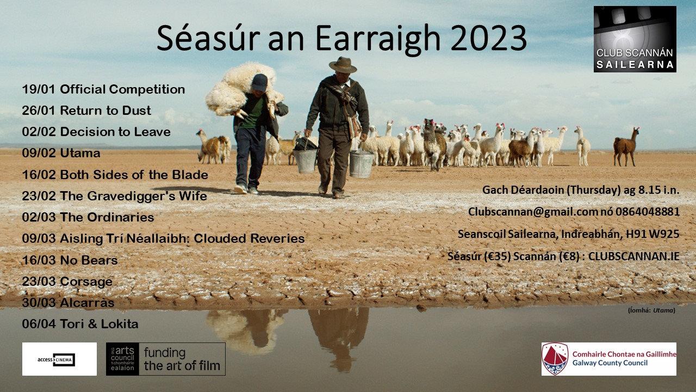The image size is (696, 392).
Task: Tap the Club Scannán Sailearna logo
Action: click(635, 39)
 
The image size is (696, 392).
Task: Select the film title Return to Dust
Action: click(105, 111)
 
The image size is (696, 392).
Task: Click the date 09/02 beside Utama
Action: click(39, 153)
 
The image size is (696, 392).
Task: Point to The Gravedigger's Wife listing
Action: click(114, 196)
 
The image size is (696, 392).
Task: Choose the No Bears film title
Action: click(89, 260)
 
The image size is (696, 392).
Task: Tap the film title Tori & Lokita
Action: click(99, 324)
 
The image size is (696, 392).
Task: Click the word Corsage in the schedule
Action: click(86, 282)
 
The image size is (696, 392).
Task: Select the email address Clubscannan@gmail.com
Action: click(532, 212)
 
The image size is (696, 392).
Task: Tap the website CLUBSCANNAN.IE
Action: click(634, 256)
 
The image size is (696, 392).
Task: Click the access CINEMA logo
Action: click(59, 359)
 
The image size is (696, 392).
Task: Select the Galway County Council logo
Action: click(608, 359)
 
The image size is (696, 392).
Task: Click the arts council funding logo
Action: click(166, 359)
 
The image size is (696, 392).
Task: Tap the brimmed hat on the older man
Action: click(343, 65)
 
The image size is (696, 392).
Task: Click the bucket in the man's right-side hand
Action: click(361, 164)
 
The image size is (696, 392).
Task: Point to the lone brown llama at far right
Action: click(625, 146)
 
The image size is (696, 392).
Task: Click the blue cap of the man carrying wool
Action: click(259, 82)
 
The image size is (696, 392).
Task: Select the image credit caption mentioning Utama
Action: click(651, 310)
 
